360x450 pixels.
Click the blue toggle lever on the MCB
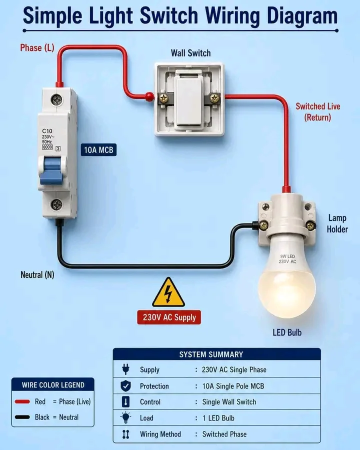[51, 171]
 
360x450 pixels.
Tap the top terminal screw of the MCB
[56, 99]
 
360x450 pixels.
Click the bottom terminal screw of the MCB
[56, 204]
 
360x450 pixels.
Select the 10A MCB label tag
[99, 150]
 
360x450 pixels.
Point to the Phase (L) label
[37, 47]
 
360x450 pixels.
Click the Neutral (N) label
[37, 274]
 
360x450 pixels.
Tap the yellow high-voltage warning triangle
[168, 292]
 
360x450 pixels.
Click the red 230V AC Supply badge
[169, 317]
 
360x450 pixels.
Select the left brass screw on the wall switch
[164, 98]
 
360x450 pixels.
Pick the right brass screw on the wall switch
[214, 98]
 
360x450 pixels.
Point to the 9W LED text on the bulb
[287, 256]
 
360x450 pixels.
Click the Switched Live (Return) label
[318, 112]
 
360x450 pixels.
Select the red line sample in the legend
[22, 401]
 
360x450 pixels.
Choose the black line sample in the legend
[22, 417]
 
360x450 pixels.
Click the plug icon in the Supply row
[125, 369]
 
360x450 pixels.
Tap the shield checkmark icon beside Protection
[125, 386]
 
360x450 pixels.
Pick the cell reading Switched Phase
[224, 434]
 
